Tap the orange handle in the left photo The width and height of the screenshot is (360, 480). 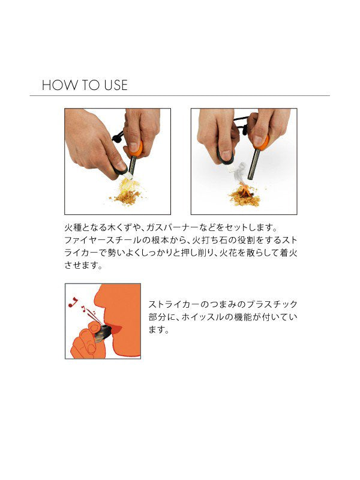click(x=136, y=149)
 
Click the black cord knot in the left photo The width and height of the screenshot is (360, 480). click(x=118, y=137)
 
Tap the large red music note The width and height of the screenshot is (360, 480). click(x=73, y=302)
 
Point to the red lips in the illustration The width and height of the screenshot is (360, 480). click(x=115, y=329)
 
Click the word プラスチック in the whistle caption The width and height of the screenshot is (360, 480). click(x=272, y=304)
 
